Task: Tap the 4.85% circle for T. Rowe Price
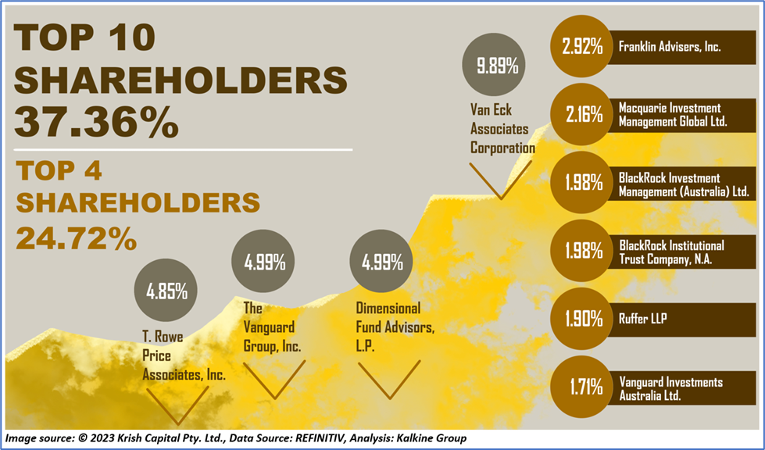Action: (166, 292)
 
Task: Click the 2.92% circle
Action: (583, 46)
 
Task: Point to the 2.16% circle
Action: (583, 114)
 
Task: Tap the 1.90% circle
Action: (583, 319)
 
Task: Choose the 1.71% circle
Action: (583, 386)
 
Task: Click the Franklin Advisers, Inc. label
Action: (669, 46)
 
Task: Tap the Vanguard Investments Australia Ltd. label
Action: (670, 388)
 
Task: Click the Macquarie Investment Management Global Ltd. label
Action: (672, 114)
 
